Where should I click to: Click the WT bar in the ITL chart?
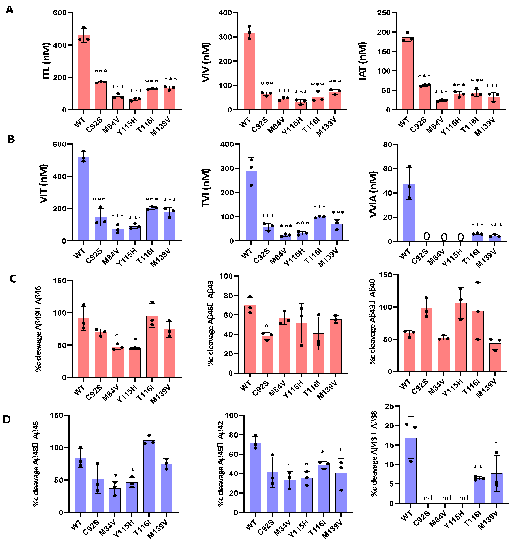(84, 72)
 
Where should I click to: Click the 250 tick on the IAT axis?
(383, 13)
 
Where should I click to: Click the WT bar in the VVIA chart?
(409, 212)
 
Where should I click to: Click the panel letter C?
(13, 279)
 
